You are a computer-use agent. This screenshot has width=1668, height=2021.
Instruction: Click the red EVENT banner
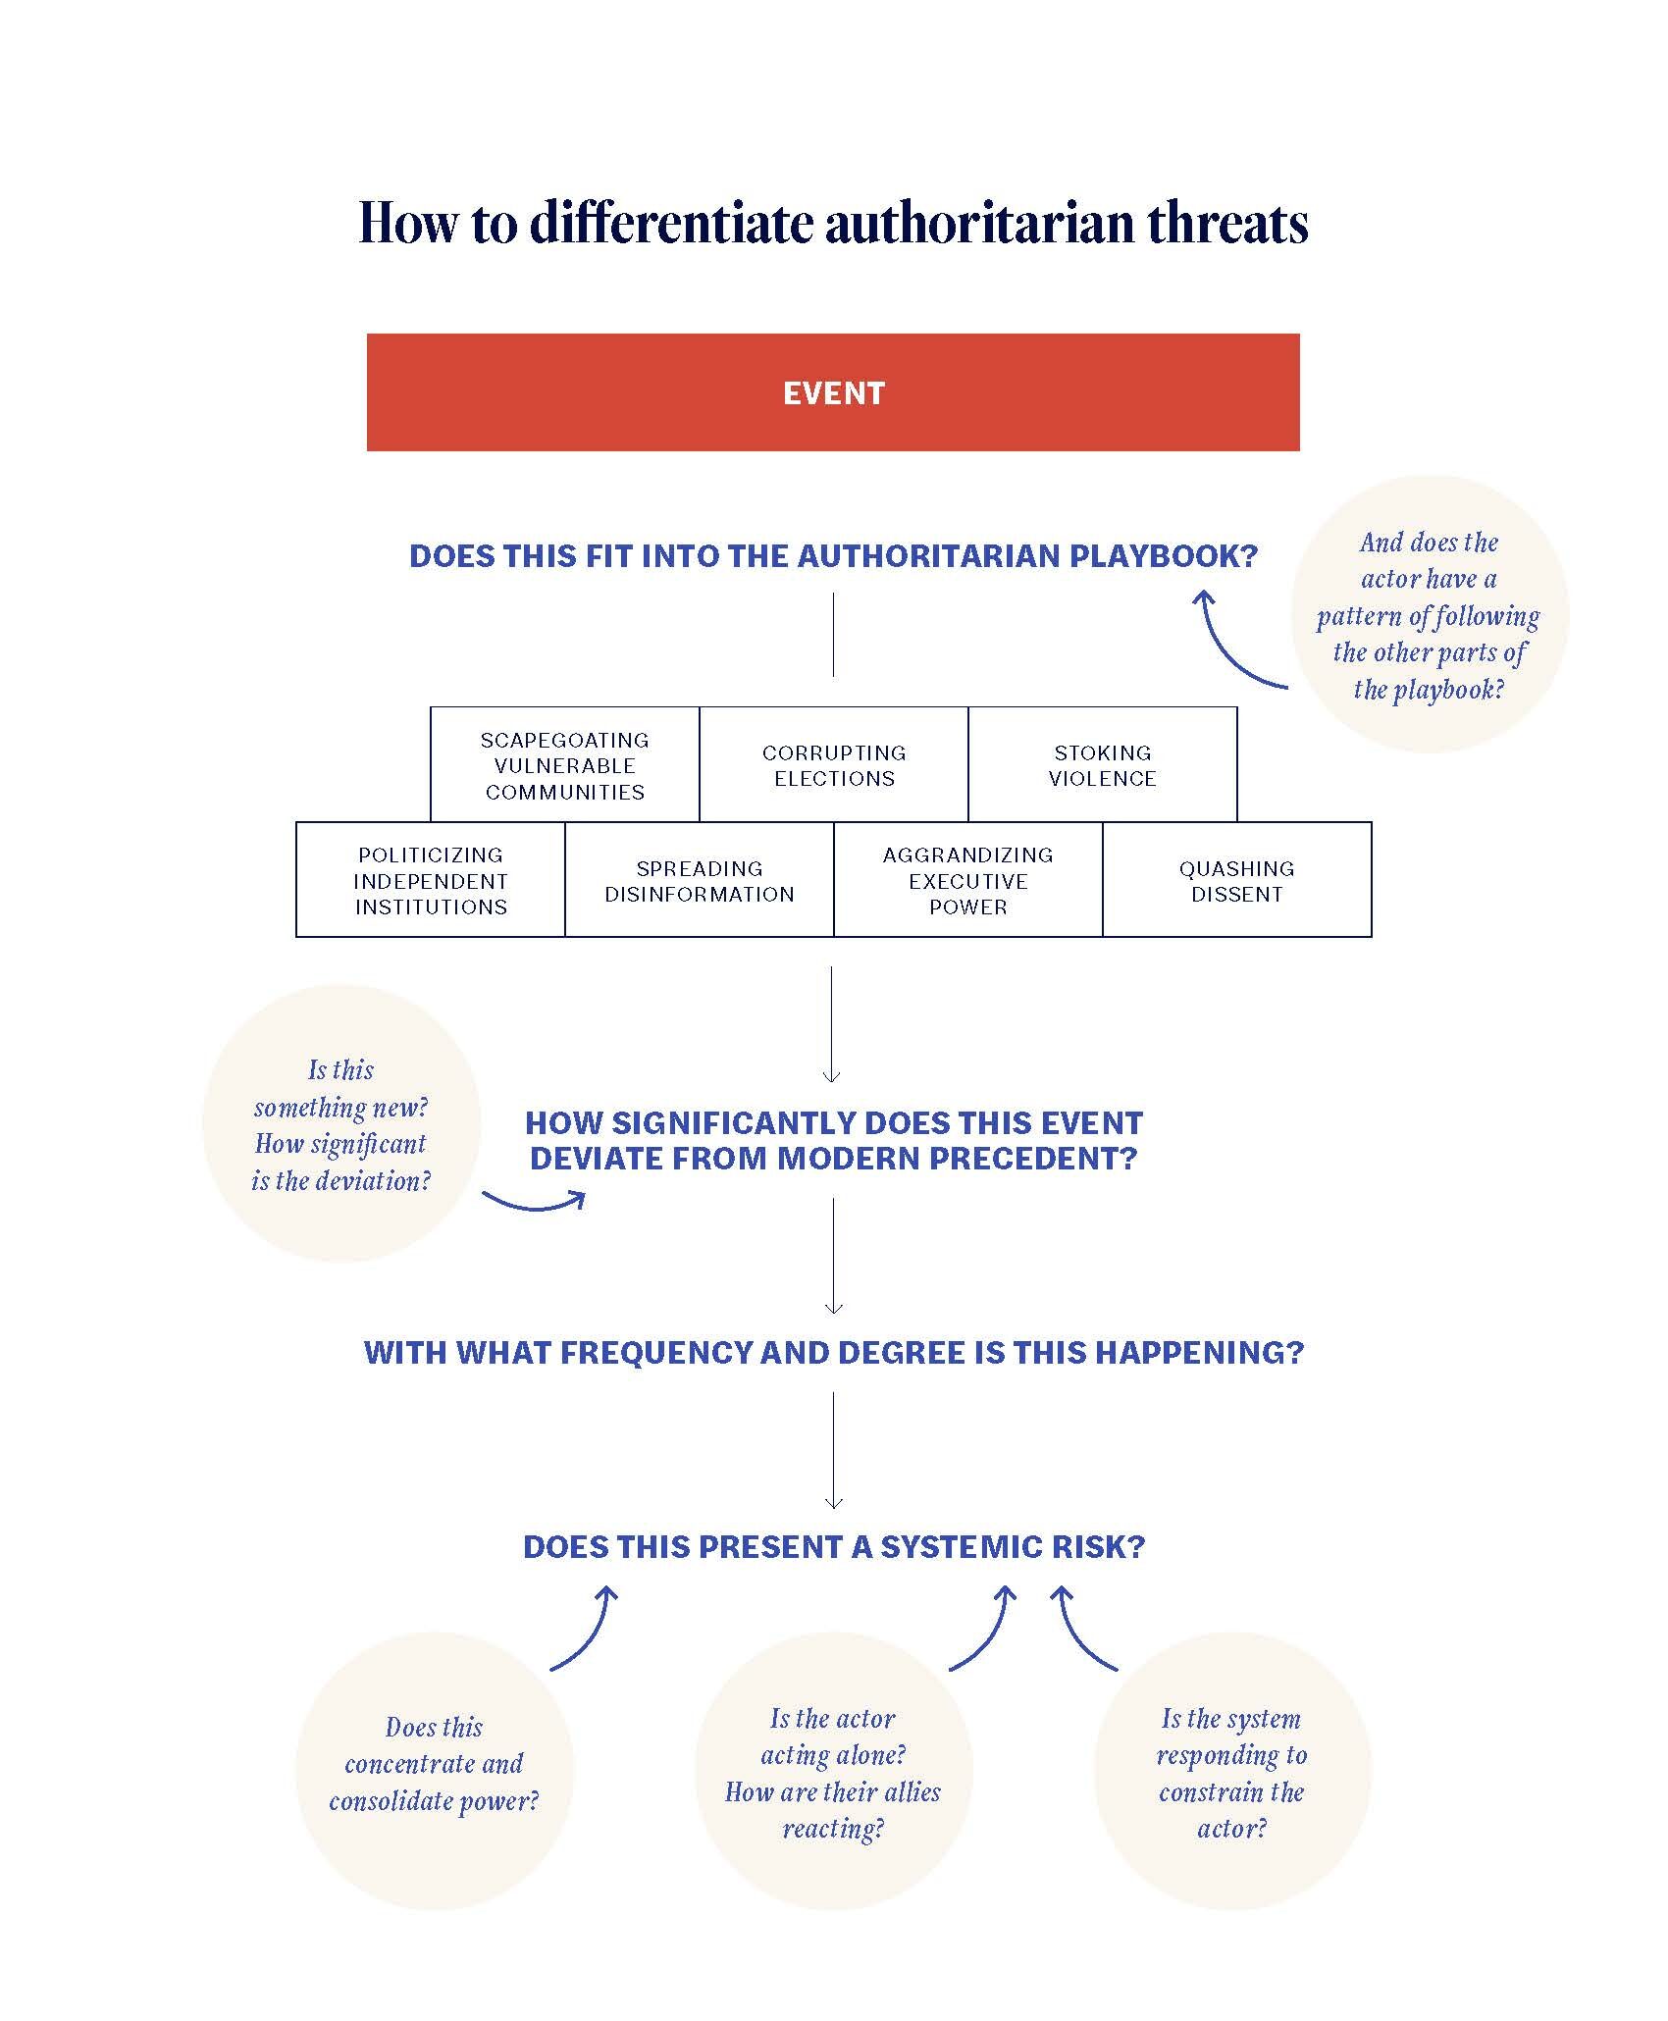(833, 392)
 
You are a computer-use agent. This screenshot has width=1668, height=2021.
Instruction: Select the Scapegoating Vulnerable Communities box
(565, 765)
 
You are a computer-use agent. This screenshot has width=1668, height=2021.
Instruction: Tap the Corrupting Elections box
(834, 765)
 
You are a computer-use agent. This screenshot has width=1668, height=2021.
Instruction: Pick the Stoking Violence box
(1103, 765)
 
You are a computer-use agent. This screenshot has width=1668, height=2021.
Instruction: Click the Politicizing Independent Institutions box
(431, 880)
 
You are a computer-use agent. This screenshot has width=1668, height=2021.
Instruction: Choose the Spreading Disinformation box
(700, 880)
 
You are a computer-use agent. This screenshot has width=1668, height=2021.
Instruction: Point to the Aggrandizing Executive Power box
(968, 880)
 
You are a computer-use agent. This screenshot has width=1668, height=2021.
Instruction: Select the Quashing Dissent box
(1237, 880)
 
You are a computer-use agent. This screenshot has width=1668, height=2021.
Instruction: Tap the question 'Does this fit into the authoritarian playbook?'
(833, 556)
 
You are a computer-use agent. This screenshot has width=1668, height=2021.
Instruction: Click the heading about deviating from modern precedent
(833, 1140)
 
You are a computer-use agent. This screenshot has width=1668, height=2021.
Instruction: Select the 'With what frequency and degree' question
(833, 1352)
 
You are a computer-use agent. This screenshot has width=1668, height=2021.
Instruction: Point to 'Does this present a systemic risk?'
(833, 1547)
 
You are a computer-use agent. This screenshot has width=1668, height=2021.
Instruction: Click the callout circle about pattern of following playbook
(1429, 615)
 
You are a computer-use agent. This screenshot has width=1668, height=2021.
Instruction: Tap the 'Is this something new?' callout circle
(341, 1124)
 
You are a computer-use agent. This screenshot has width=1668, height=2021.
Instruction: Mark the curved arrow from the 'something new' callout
(535, 1202)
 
